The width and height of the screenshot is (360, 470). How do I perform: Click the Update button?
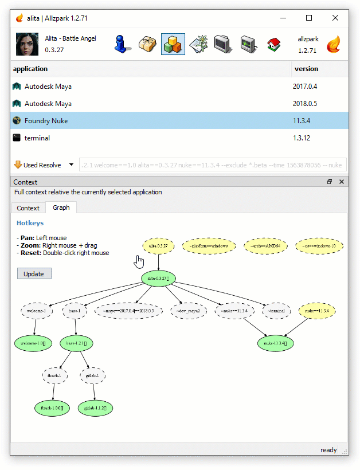[34, 273]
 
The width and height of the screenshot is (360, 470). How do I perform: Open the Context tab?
[28, 207]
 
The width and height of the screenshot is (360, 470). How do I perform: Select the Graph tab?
[61, 207]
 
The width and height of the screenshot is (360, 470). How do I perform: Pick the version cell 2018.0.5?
[305, 104]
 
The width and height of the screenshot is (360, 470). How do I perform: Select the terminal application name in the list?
[37, 138]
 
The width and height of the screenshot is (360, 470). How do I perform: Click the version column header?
[306, 69]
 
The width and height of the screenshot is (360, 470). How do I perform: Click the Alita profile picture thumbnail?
[27, 44]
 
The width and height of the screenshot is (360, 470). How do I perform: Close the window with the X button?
[335, 18]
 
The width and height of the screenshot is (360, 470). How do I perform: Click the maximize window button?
[309, 18]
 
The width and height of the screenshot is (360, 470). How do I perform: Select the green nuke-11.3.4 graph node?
[276, 343]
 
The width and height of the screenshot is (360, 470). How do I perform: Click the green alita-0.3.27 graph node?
[158, 279]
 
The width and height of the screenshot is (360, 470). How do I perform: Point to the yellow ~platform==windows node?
[209, 246]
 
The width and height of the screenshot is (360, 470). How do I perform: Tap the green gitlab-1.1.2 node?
[95, 408]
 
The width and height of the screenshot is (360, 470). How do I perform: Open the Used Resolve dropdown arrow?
[71, 165]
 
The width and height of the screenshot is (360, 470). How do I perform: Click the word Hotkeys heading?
[30, 223]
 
